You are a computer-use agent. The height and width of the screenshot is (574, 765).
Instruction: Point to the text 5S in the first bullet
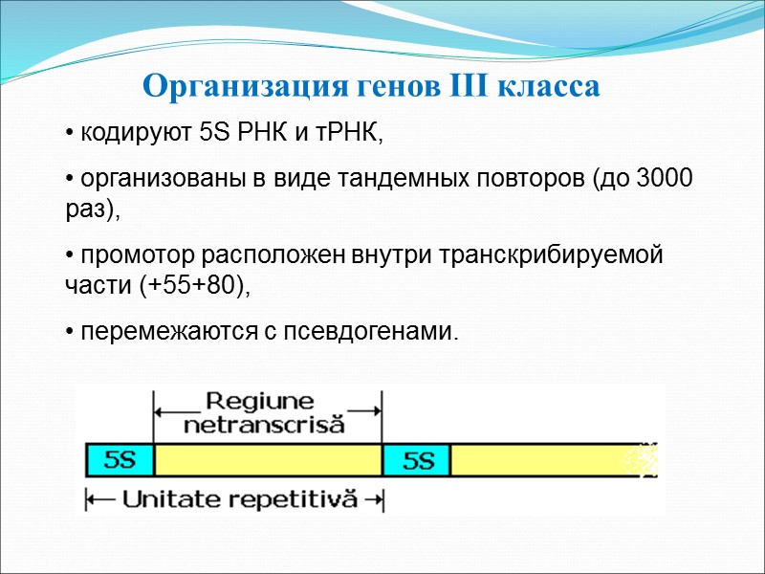coord(215,133)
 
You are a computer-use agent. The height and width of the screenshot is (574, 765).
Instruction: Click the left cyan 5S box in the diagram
coord(120,461)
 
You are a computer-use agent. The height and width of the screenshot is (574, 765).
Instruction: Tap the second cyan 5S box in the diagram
coord(416,461)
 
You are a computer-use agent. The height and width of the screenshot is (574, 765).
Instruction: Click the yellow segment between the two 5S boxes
coord(268,461)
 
